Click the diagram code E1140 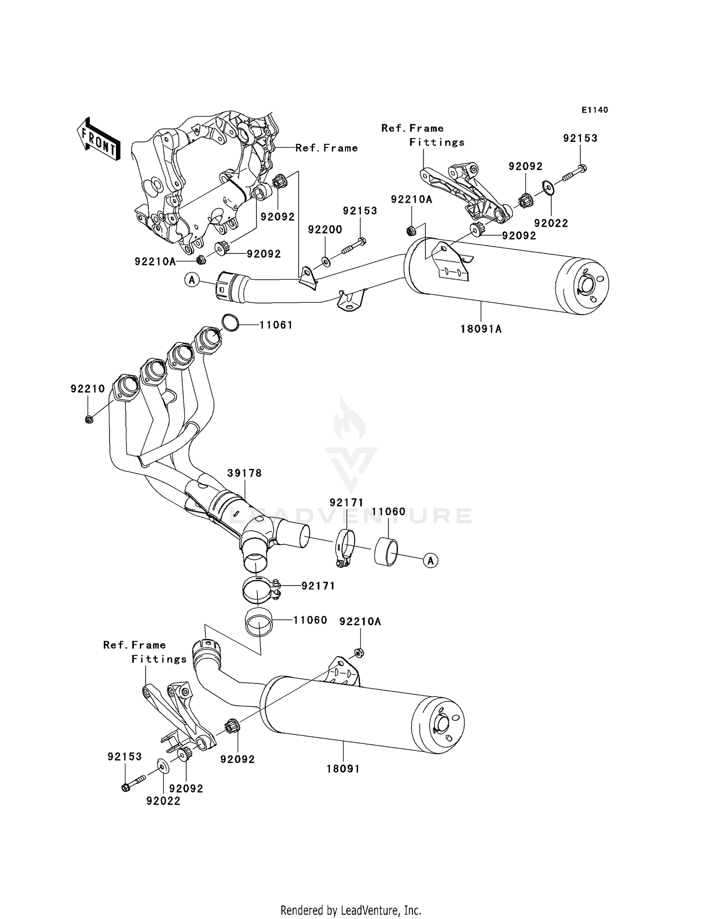pos(595,110)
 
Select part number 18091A pos(481,329)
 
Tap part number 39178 pos(245,473)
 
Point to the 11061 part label pos(276,325)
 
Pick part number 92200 pos(325,230)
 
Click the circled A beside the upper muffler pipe pos(191,280)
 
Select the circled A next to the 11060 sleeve pos(431,560)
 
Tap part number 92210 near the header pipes pos(88,389)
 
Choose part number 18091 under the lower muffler pos(344,769)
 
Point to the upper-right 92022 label pos(551,223)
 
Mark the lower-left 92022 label pos(163,801)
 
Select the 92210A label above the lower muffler pos(360,622)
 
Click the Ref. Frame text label pos(326,148)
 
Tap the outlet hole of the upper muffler pos(585,285)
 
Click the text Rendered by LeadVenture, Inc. pos(351,910)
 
